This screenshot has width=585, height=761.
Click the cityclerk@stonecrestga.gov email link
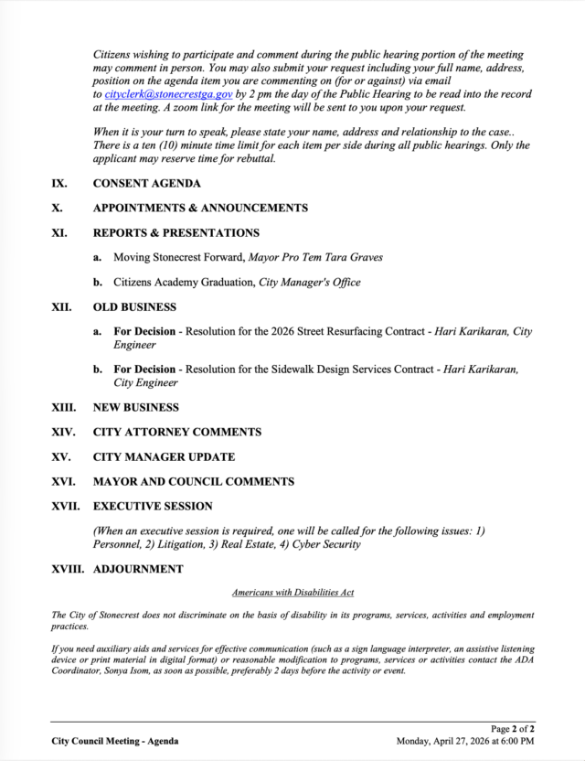point(168,94)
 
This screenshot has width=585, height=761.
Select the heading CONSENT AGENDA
point(147,183)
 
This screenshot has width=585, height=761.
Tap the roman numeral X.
point(58,208)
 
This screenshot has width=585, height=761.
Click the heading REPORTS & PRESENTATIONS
point(176,233)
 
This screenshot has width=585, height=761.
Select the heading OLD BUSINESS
point(134,307)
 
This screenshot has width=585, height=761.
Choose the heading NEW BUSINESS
point(136,407)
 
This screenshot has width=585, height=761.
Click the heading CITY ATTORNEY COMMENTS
point(177,432)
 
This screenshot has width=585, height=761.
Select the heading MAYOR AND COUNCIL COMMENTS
point(194,481)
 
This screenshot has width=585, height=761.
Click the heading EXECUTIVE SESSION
point(153,506)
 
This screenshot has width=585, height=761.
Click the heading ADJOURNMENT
point(138,569)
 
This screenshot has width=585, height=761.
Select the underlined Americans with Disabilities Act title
point(292,593)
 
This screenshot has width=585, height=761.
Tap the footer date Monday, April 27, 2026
point(447,741)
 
